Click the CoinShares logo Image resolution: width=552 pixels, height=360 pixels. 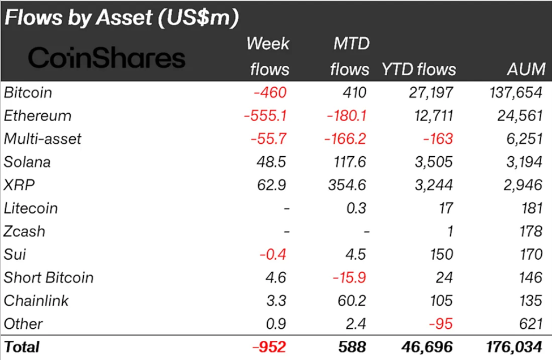pos(106,58)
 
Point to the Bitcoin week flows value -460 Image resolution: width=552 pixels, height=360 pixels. pos(269,92)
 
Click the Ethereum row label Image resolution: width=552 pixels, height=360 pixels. pos(37,115)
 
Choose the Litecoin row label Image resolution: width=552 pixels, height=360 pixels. pos(31,208)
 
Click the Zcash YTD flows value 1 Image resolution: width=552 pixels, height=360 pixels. pos(449,232)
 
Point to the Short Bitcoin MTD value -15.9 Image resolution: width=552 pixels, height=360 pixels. pos(349,277)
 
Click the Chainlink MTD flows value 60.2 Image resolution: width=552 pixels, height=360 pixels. pos(352,301)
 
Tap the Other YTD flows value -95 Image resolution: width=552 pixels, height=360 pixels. pos(440,324)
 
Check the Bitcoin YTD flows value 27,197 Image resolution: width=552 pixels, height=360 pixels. pos(431,92)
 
